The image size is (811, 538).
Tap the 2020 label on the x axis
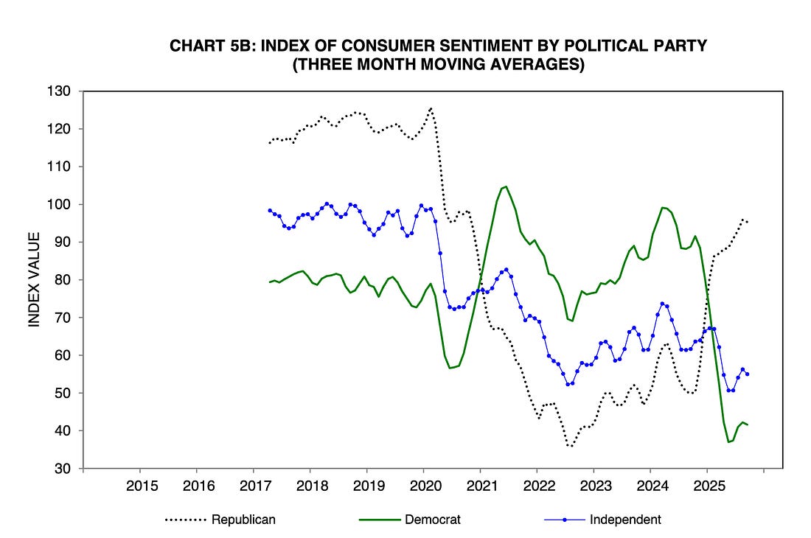pos(423,486)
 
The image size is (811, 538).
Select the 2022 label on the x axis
pos(536,486)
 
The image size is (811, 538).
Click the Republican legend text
pos(243,520)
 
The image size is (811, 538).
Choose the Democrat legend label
pos(433,520)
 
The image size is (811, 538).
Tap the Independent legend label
pos(625,520)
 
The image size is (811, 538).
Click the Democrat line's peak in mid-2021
pos(505,186)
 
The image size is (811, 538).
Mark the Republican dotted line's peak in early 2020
pos(431,108)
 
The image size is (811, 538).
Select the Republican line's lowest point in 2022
pos(570,446)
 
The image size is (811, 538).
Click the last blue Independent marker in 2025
pos(747,374)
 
